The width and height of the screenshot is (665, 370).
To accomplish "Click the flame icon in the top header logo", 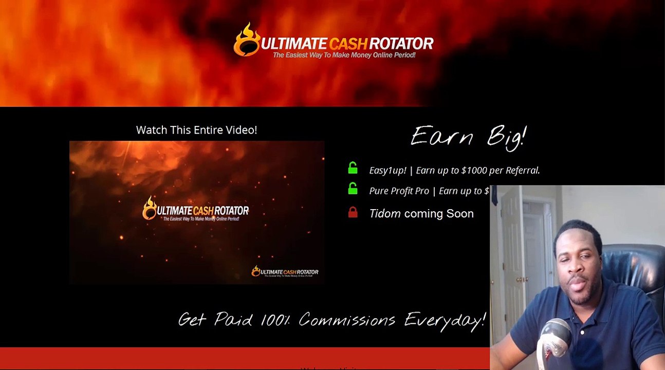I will point(246,40).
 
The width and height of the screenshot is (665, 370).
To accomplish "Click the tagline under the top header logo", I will point(344,55).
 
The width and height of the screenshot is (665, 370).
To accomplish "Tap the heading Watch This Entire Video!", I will point(196,130).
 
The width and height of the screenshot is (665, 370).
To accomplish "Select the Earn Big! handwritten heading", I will point(468,137).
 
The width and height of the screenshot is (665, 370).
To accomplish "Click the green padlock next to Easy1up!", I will point(353,168).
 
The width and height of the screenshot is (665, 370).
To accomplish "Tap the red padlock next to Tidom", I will point(353,212).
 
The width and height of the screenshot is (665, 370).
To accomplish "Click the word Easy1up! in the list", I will point(387,171).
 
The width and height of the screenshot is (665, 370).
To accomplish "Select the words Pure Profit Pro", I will point(399,191).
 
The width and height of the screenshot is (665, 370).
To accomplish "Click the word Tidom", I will point(385,214).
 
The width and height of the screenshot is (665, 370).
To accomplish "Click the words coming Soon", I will point(439,214).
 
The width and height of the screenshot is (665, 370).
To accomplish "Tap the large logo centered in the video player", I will point(196,210).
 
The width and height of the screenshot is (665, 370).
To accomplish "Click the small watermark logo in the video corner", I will point(285,272).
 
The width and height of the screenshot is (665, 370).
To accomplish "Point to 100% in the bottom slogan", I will point(275,320).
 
